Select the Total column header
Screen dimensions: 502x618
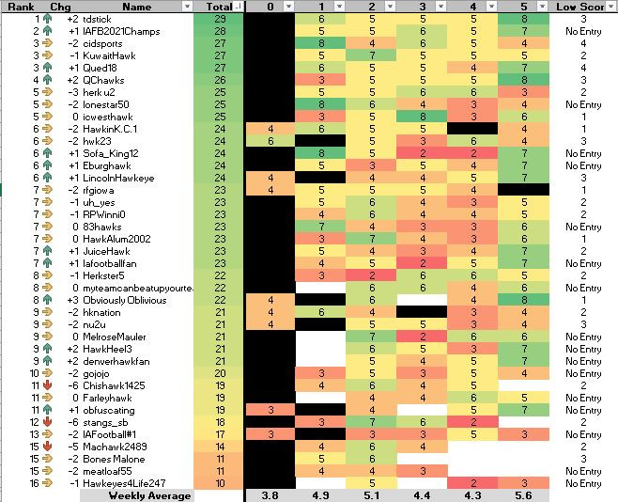(212, 7)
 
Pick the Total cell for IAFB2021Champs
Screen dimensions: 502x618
(219, 32)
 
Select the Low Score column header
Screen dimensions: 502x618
(584, 7)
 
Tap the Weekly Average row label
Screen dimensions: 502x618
(149, 495)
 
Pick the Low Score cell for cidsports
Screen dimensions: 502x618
(584, 44)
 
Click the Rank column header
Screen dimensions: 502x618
(21, 7)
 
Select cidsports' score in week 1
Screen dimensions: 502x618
(322, 44)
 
